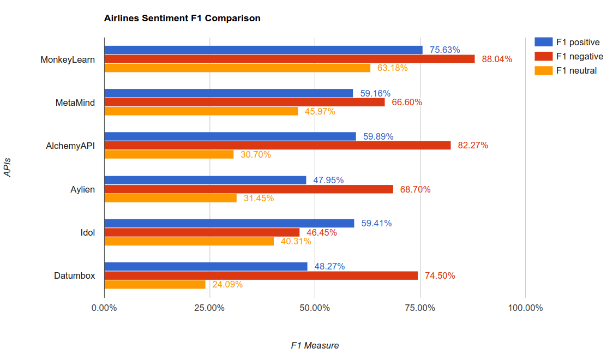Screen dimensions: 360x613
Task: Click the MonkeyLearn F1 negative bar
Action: [289, 59]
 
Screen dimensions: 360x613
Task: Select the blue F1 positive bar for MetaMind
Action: [229, 93]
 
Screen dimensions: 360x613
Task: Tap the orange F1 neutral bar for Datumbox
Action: [155, 284]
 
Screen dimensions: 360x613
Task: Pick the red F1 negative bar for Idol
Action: [202, 232]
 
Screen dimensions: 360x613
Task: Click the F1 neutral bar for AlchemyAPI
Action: [169, 154]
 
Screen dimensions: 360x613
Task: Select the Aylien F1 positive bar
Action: [205, 180]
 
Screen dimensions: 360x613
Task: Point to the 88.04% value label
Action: [496, 59]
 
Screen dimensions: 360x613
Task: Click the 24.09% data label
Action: [227, 284]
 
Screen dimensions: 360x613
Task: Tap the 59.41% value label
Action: [376, 223]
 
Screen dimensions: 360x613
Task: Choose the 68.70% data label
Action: [415, 189]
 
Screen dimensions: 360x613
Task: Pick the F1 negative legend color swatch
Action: [543, 56]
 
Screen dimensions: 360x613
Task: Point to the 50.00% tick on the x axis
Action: [315, 308]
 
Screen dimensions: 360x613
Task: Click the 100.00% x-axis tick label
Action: [525, 308]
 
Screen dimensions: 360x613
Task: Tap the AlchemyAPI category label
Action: [70, 146]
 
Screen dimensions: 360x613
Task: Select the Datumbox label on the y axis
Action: [74, 275]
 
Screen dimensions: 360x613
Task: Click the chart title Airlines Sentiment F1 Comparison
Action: [182, 18]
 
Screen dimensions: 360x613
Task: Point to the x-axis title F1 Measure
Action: [315, 345]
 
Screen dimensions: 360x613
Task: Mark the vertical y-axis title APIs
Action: [8, 167]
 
